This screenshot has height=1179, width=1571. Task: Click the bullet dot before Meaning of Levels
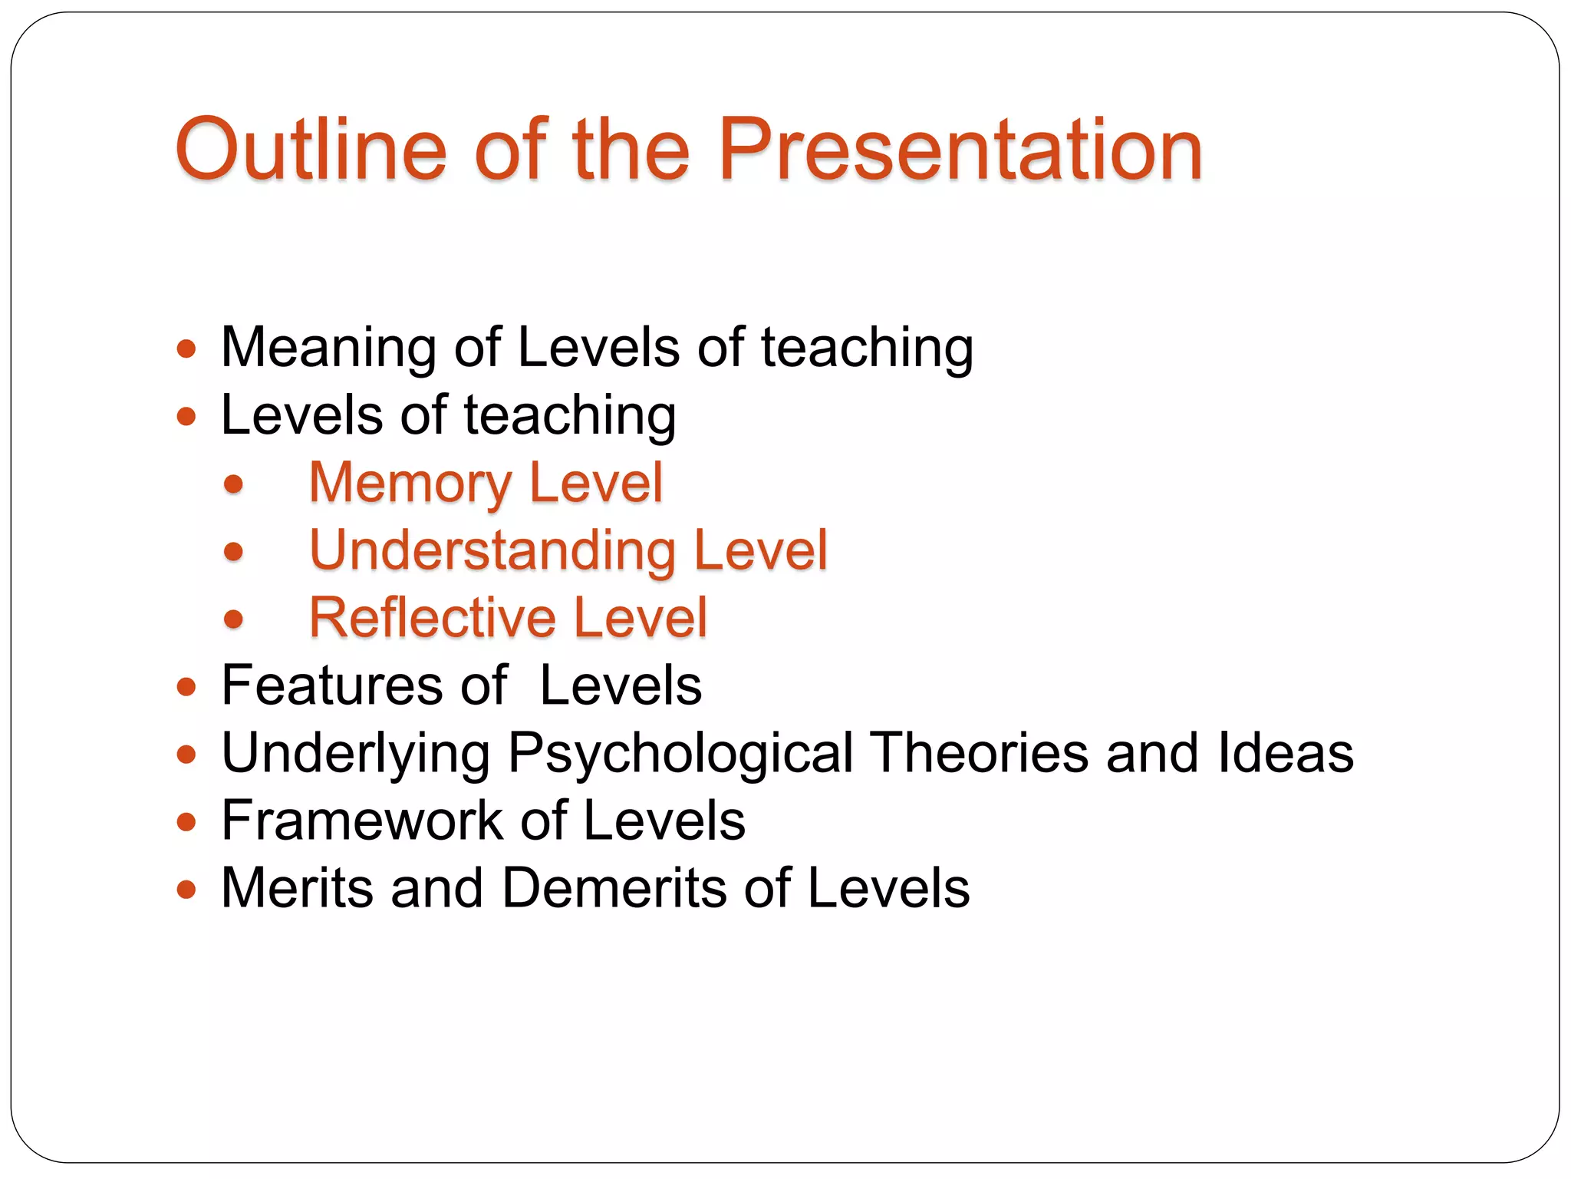coord(186,350)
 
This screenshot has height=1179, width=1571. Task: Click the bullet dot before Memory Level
coord(234,484)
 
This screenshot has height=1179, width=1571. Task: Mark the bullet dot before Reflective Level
coord(234,619)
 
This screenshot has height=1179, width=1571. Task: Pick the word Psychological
coord(680,753)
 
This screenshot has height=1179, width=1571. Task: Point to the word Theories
coord(979,753)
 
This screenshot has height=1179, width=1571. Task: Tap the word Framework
coord(361,821)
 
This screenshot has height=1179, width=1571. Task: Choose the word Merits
coord(297,888)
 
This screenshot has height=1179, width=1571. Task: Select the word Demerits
coord(614,888)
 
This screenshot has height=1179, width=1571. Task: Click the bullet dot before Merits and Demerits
coord(186,890)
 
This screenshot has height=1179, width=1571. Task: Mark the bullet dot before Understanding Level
coord(234,552)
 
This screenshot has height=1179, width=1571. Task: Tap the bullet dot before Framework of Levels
coord(186,823)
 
